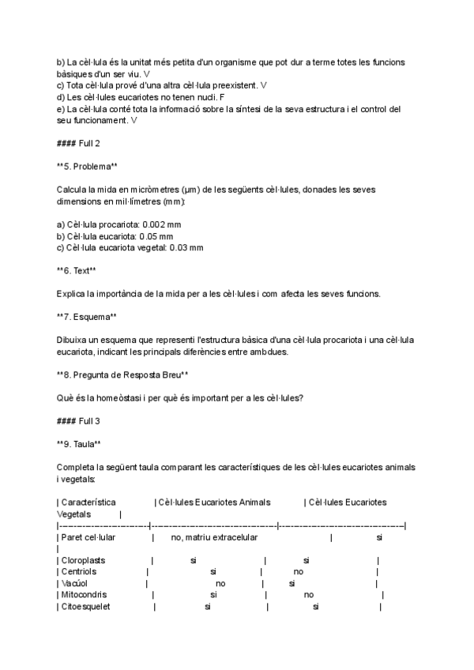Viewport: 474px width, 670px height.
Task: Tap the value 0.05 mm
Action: pos(158,235)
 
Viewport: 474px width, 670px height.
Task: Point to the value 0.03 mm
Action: pos(186,247)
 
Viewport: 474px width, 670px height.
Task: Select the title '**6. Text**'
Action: pos(77,270)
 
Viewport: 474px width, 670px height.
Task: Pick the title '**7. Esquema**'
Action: pos(86,316)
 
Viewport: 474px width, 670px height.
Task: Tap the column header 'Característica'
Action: pos(88,502)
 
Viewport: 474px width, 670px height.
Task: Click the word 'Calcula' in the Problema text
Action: pos(73,190)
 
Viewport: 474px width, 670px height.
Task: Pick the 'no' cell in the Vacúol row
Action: pos(220,583)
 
